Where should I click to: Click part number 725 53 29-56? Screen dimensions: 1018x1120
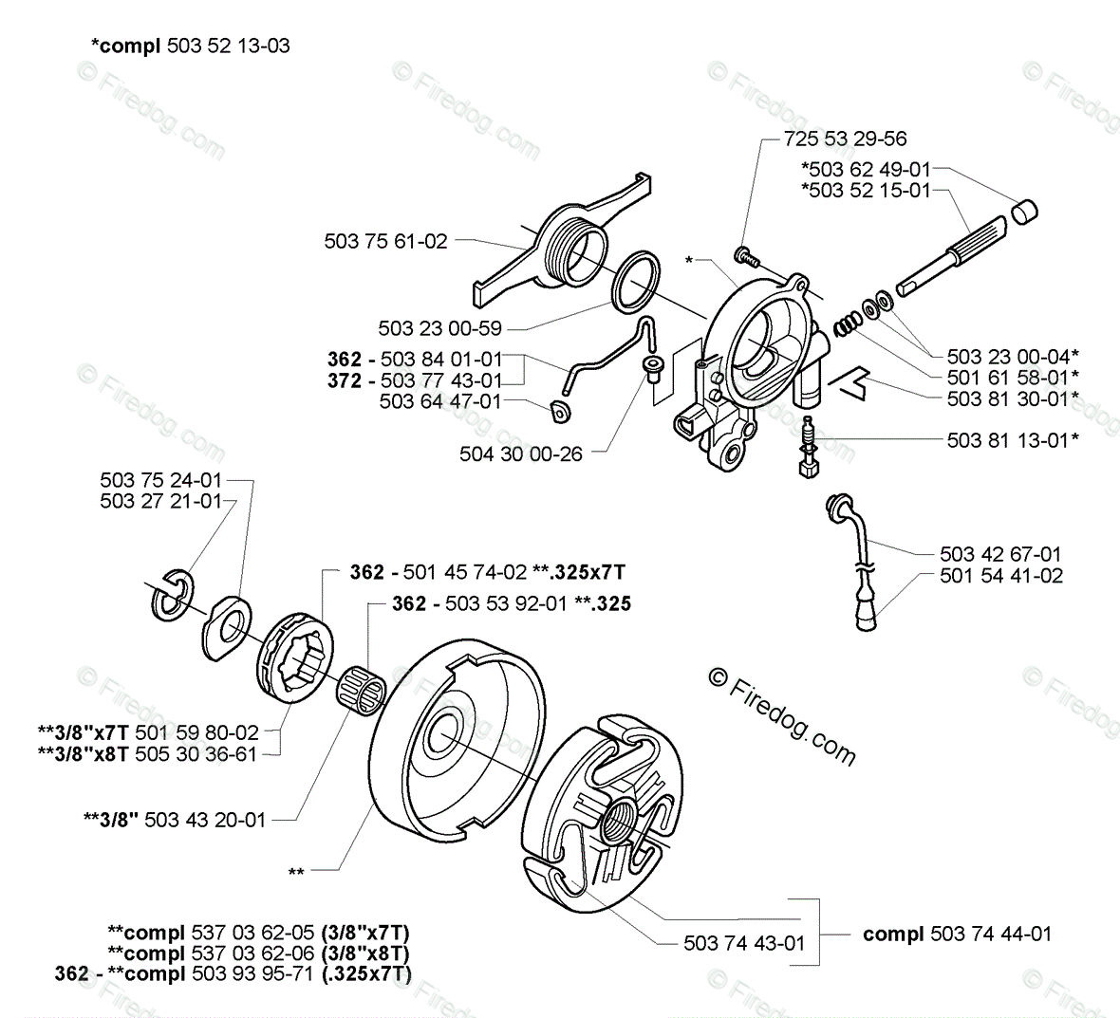pos(846,139)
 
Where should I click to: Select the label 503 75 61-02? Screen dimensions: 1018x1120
pos(385,241)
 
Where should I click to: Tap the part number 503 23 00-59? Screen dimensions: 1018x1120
pos(439,328)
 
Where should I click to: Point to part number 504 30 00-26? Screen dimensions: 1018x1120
pos(521,453)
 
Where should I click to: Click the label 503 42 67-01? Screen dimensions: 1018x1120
pos(1000,554)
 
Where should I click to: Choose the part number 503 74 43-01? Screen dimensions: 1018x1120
pos(744,942)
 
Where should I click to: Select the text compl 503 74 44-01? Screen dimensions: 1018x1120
pos(957,934)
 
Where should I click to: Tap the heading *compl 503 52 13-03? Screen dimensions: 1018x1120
pos(190,45)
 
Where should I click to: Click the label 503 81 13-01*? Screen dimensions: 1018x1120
pos(1013,439)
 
